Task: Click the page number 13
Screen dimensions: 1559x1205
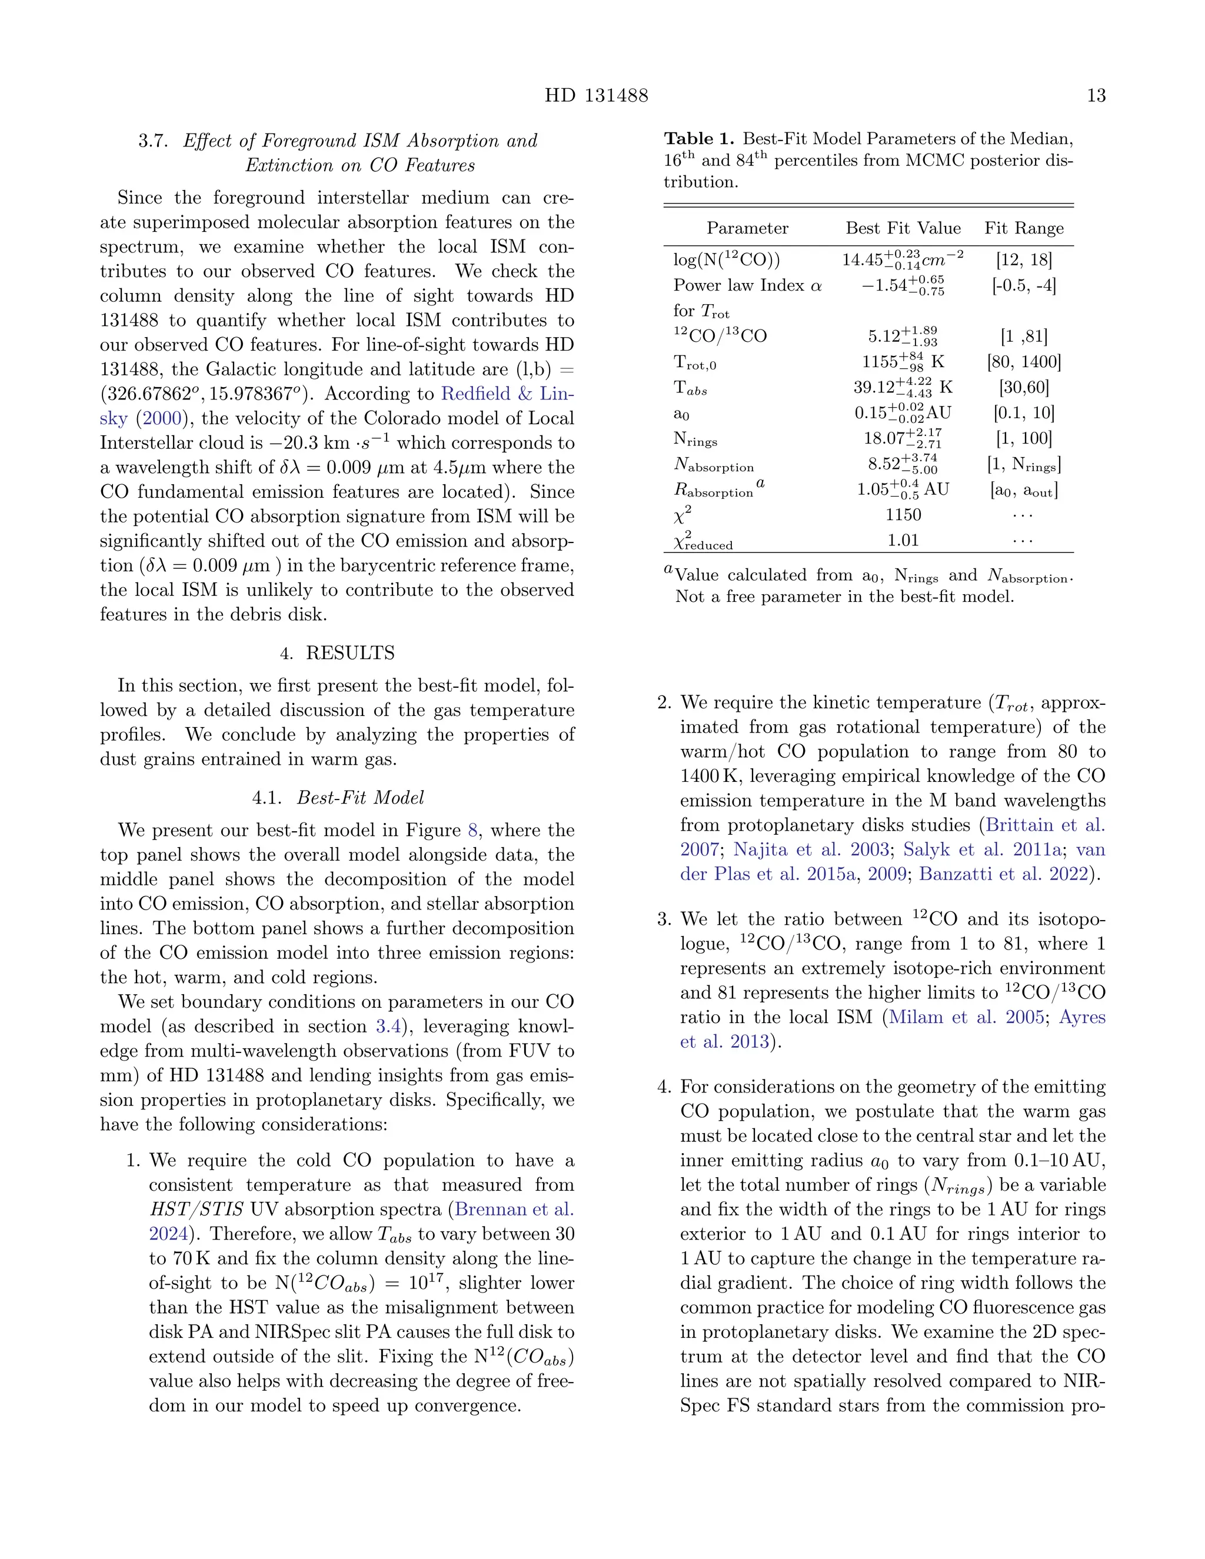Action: [1096, 96]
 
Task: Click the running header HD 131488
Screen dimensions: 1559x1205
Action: [596, 96]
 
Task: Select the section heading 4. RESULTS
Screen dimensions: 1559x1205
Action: [337, 653]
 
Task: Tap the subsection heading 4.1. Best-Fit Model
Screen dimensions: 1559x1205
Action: [337, 797]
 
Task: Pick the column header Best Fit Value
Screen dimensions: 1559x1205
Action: [903, 228]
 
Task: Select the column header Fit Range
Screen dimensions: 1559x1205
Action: [1024, 228]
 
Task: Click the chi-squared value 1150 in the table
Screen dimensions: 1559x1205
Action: [903, 515]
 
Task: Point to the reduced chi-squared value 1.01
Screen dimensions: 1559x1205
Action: [903, 541]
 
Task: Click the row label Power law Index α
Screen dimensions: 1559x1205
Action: [747, 285]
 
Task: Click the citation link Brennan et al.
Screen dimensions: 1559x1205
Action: [514, 1209]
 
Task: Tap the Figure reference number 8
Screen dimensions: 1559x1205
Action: [472, 830]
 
